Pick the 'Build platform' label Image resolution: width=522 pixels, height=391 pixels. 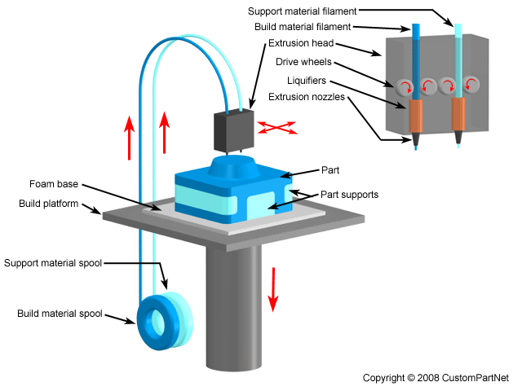49,203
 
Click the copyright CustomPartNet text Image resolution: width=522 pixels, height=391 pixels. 436,378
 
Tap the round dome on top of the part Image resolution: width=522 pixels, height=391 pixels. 232,167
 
